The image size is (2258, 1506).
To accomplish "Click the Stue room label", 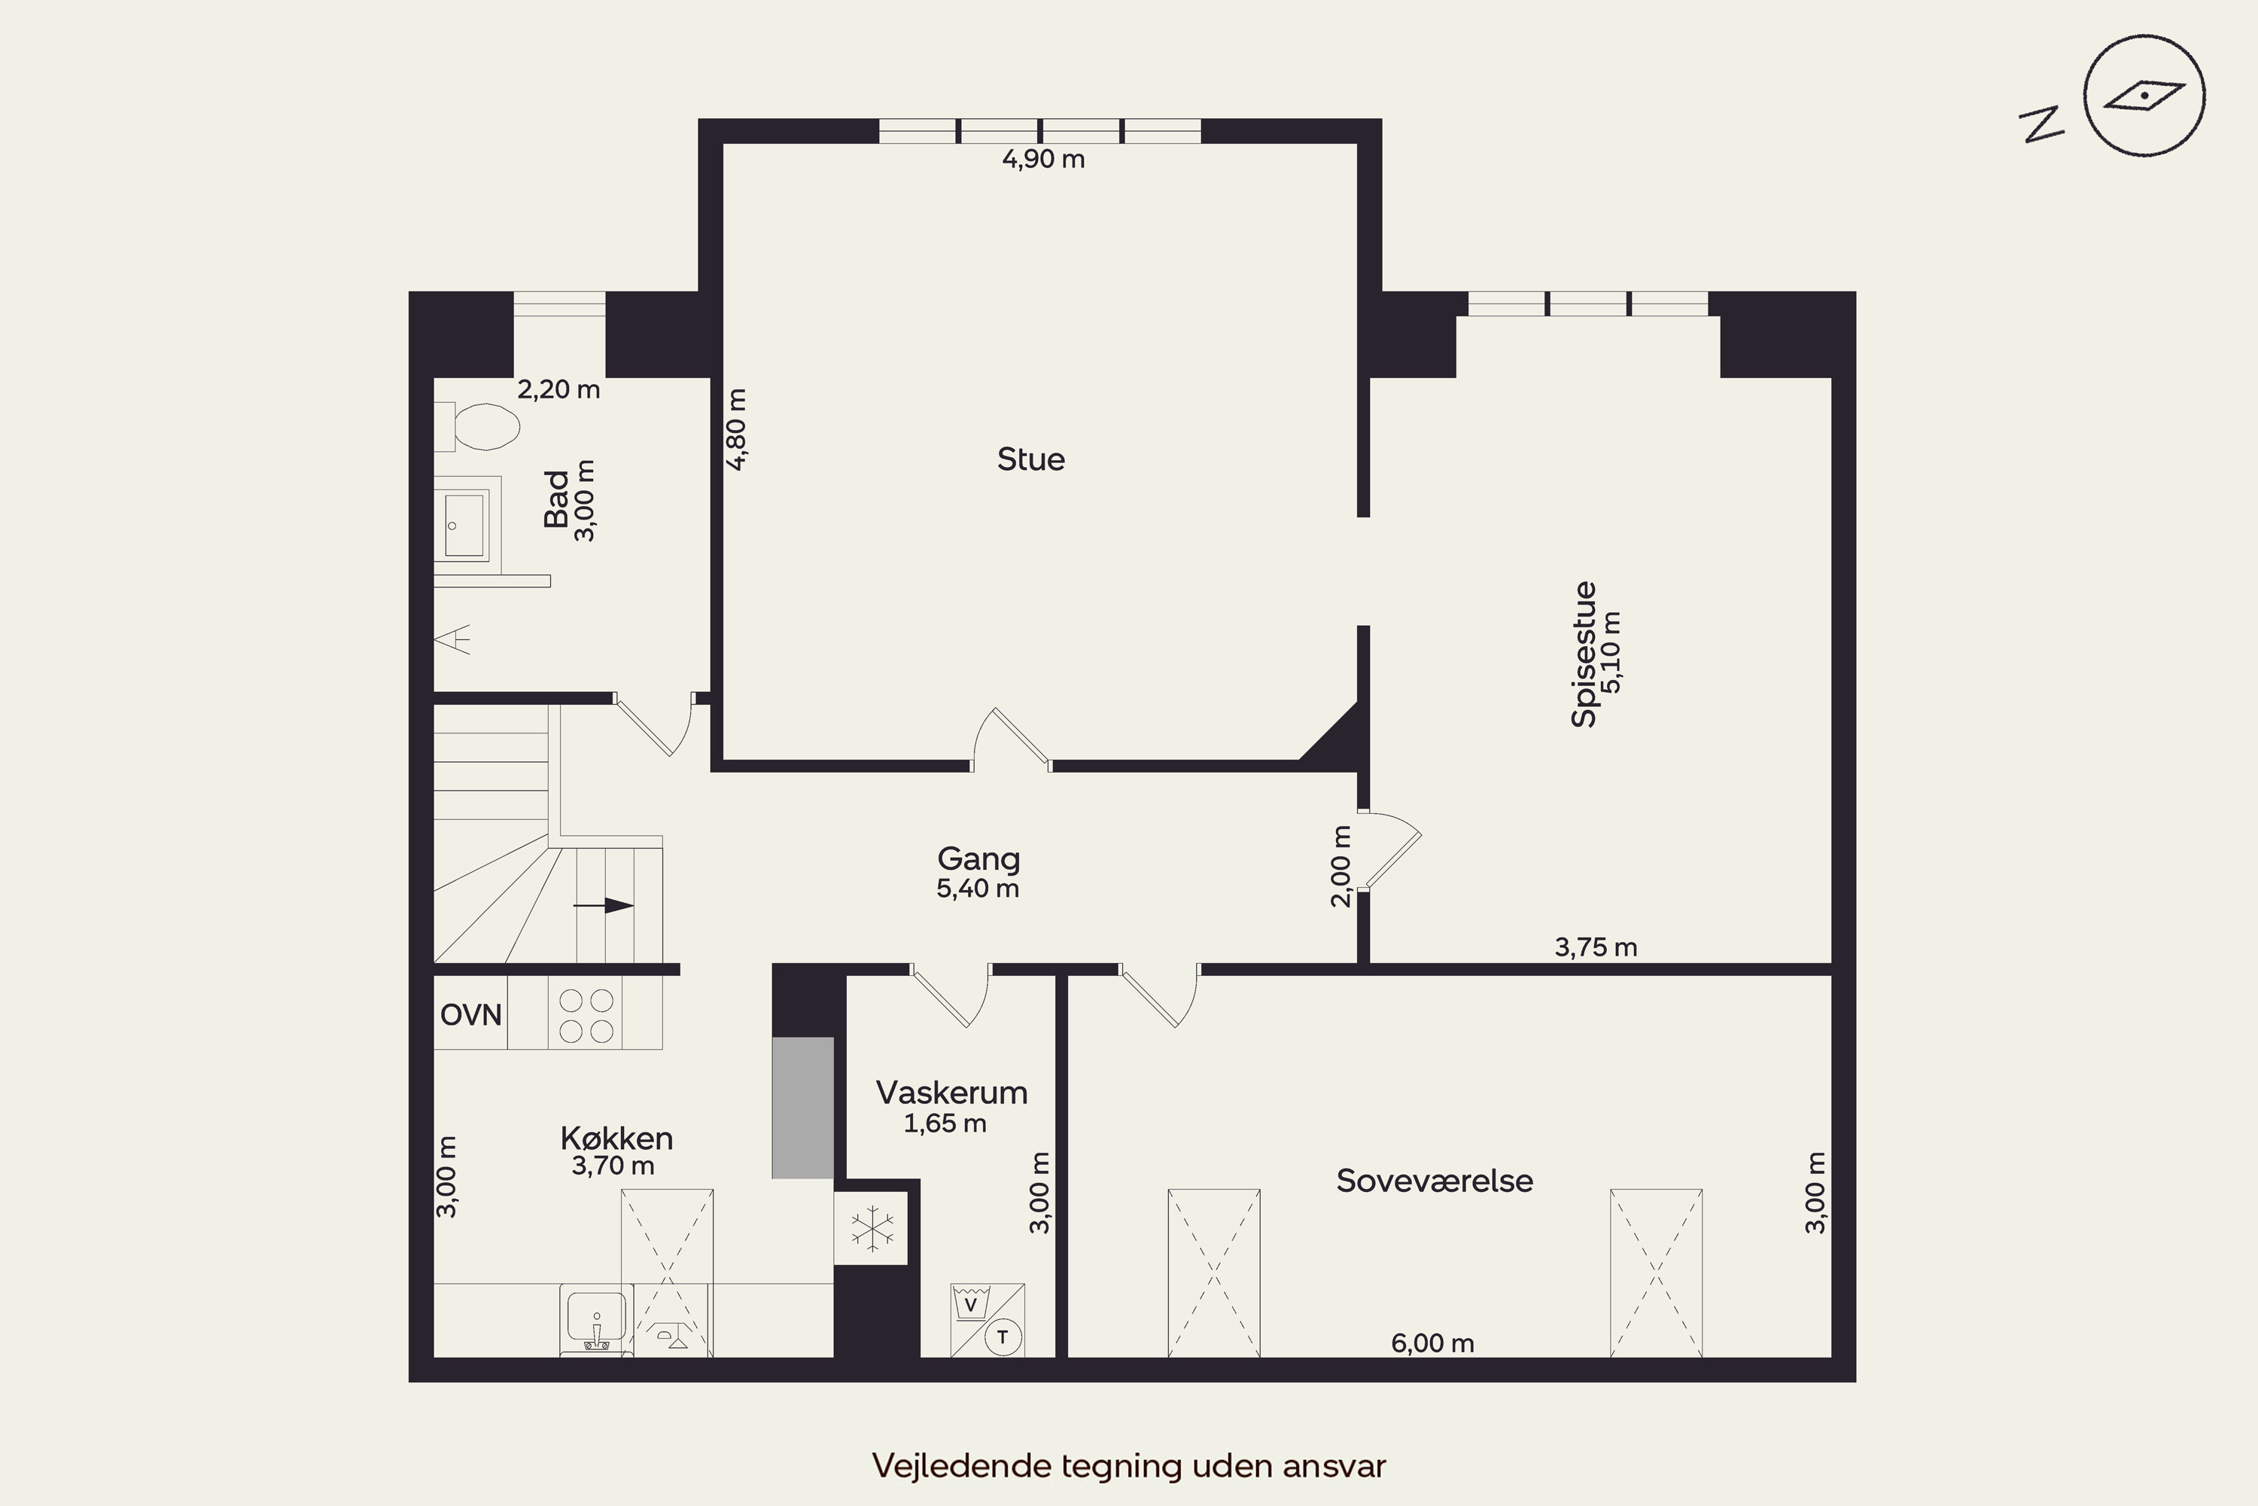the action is point(1031,459).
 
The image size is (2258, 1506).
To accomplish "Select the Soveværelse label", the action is point(1435,1181).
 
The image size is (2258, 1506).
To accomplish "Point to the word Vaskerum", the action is point(951,1092).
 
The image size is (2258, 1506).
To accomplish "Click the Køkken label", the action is point(616,1138).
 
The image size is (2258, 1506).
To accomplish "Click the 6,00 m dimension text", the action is point(1432,1343).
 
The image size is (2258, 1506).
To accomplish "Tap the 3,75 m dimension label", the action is point(1596,947).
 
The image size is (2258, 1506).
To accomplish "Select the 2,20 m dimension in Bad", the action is point(558,389).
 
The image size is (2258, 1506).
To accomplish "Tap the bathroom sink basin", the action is point(464,524).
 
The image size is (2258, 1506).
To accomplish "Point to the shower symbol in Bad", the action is point(453,639).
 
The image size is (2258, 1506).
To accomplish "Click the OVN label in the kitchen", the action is point(470,1014).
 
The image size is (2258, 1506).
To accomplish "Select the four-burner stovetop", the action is point(586,1015).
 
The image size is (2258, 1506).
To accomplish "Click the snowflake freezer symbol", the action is point(872,1228).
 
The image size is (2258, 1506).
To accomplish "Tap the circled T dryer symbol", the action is point(1003,1336).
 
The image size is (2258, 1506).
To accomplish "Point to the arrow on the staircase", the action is point(604,906).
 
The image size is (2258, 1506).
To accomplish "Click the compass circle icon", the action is point(2144,96).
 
